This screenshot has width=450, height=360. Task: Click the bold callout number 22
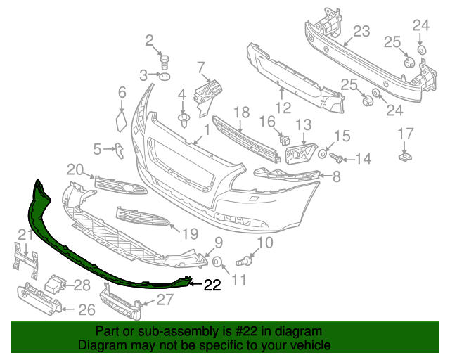point(212,285)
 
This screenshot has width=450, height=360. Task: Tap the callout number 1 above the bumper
point(207,130)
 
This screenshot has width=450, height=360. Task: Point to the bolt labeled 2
point(165,63)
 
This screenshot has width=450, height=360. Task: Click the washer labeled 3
point(165,75)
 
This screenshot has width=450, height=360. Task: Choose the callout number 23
point(361,31)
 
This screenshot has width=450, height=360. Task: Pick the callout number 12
point(283,108)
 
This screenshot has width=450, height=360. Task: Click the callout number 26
point(86,309)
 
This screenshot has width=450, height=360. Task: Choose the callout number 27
point(165,300)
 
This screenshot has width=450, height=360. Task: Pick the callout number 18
point(241,112)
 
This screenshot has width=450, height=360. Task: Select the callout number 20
point(75,169)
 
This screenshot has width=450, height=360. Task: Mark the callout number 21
point(25,234)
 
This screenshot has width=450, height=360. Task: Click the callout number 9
point(218,243)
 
